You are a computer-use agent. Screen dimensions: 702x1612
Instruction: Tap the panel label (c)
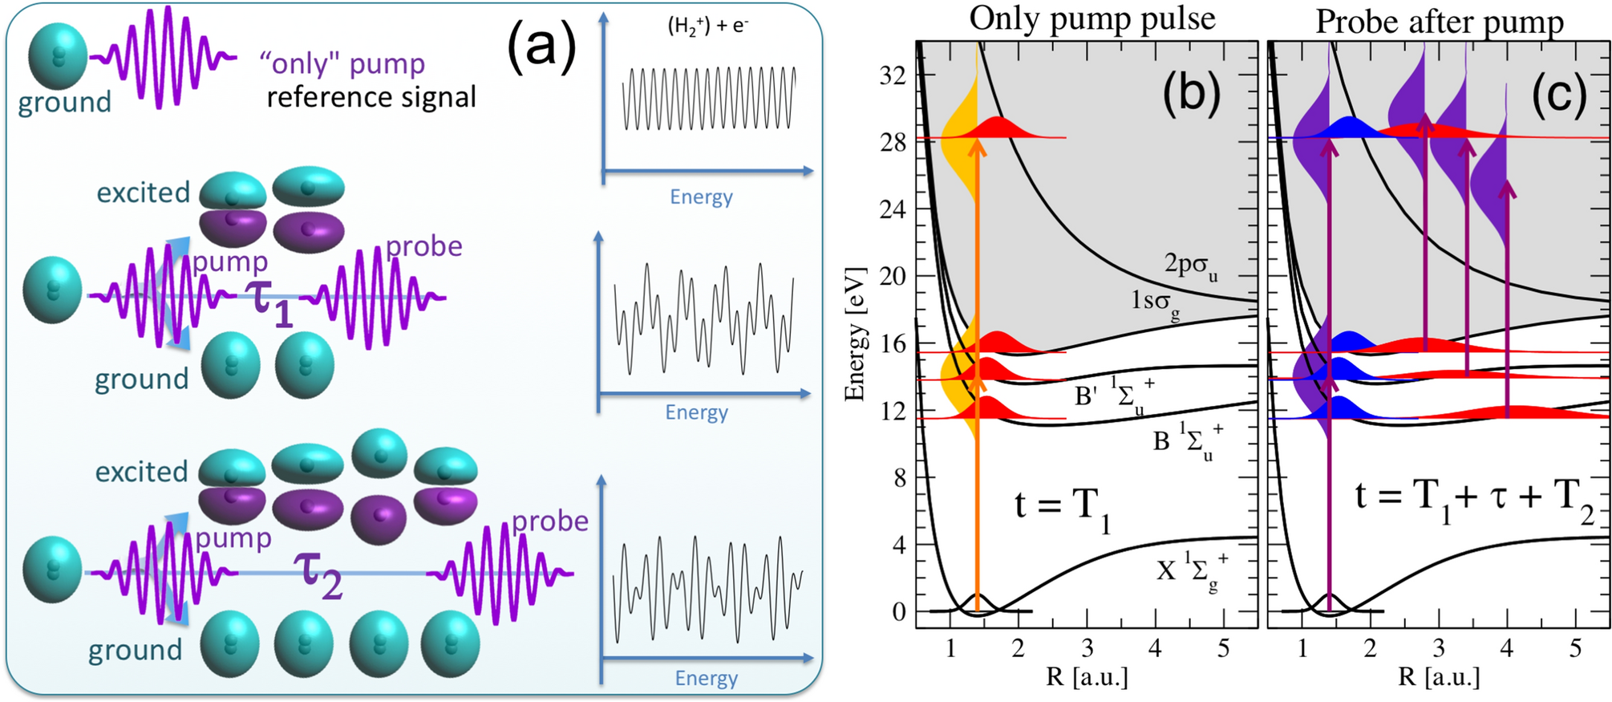(1558, 94)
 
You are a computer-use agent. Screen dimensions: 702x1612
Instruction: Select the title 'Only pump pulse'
(1092, 18)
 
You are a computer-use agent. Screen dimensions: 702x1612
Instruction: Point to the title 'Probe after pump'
(1440, 22)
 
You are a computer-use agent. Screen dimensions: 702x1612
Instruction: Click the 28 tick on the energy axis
(893, 142)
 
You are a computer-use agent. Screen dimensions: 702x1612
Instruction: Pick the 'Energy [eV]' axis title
(856, 335)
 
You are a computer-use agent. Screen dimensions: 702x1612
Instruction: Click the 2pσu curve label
(1190, 265)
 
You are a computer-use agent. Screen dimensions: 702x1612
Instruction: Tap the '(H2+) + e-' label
(707, 26)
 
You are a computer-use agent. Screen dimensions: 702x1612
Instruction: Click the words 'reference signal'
(371, 97)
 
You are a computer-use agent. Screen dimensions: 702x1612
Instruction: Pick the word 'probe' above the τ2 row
(550, 521)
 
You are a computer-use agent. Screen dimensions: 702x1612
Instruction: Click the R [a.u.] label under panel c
(1439, 676)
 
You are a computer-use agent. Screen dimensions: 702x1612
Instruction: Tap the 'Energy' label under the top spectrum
(701, 197)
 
